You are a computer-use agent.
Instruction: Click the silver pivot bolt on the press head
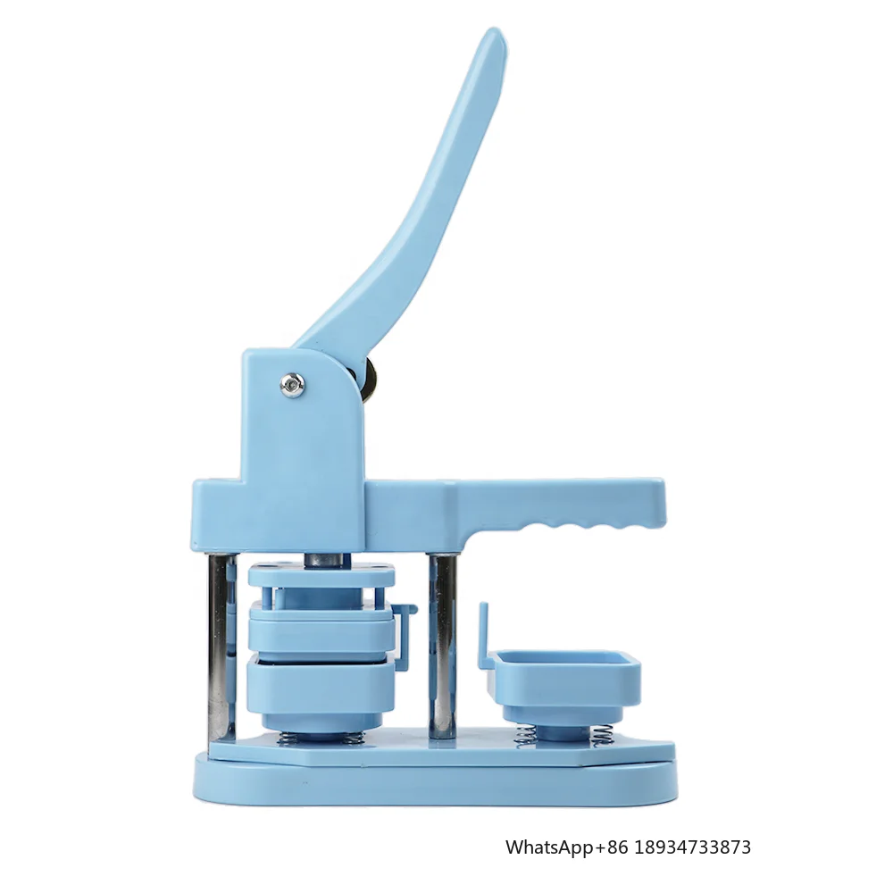(x=292, y=385)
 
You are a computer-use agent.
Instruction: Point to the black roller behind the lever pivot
(x=371, y=376)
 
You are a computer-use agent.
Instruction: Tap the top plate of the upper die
(x=321, y=574)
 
